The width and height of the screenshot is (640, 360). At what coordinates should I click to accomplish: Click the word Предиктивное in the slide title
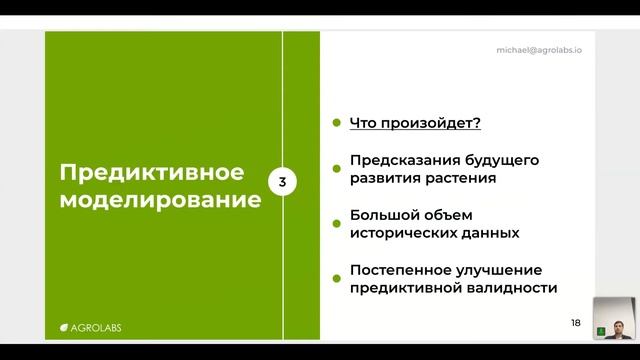(152, 171)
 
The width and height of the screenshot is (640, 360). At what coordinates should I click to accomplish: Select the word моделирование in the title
(160, 198)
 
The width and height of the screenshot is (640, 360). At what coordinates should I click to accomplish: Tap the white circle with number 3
(283, 182)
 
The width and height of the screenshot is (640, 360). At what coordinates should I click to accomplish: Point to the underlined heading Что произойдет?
(415, 124)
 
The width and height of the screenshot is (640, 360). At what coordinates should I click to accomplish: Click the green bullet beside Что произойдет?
(337, 124)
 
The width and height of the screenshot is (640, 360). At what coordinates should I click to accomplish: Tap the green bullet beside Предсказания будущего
(337, 160)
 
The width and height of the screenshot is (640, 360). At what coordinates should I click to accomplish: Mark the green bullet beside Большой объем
(337, 215)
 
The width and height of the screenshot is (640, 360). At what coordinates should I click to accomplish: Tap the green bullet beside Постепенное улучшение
(337, 270)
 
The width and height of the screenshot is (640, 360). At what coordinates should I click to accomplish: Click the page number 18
(575, 322)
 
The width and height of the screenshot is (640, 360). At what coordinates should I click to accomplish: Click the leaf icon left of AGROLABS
(63, 326)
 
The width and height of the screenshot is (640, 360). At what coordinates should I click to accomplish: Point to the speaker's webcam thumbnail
(616, 319)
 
